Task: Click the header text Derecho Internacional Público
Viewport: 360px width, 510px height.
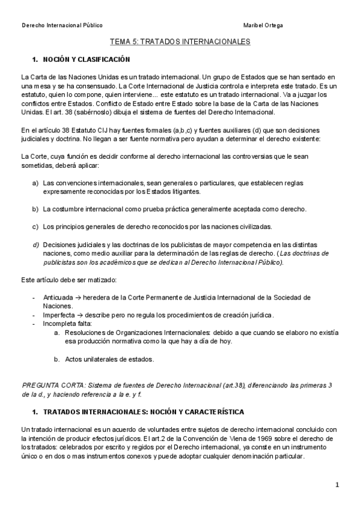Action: pyautogui.click(x=62, y=26)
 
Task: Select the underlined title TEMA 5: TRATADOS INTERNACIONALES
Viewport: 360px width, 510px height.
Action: pyautogui.click(x=180, y=43)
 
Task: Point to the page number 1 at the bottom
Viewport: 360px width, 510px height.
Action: pyautogui.click(x=337, y=485)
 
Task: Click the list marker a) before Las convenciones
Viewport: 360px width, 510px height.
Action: pyautogui.click(x=35, y=183)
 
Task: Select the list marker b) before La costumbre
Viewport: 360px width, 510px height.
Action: pyautogui.click(x=35, y=209)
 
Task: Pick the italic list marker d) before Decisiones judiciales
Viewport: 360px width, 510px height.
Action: pyautogui.click(x=35, y=244)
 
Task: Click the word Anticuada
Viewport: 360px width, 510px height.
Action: pyautogui.click(x=58, y=297)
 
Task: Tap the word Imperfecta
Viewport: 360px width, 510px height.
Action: pyautogui.click(x=59, y=315)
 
